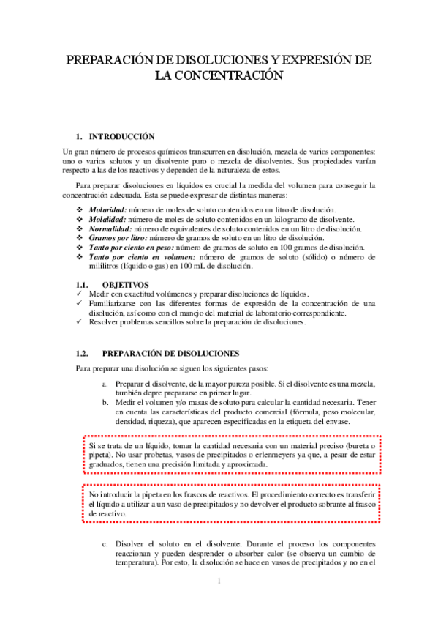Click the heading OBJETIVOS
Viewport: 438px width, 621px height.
coord(125,284)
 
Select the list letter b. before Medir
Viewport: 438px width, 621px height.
coord(107,401)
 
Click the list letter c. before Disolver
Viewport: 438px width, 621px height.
coord(107,546)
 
